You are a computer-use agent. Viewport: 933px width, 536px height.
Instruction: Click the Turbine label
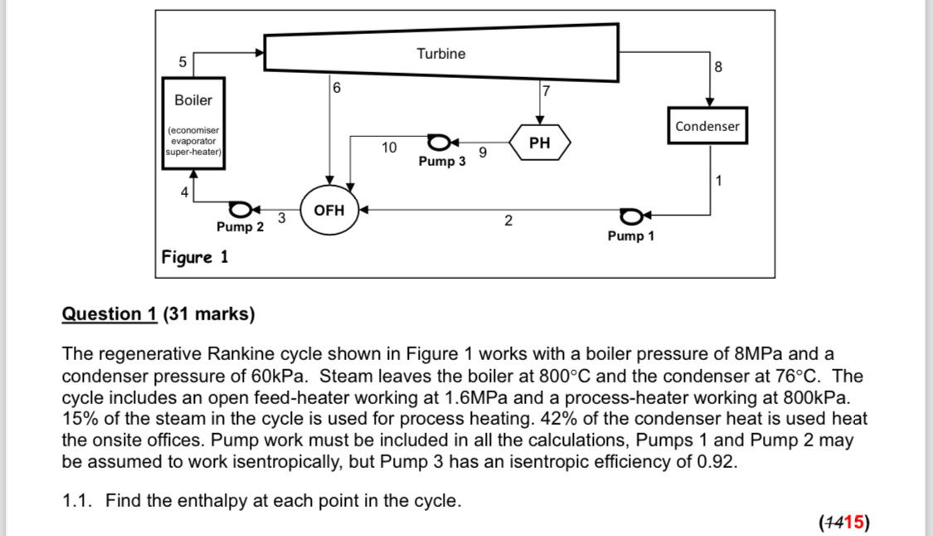pyautogui.click(x=440, y=54)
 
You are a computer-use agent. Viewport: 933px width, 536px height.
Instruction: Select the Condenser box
pyautogui.click(x=707, y=126)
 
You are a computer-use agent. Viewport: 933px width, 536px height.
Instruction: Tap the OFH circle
pyautogui.click(x=329, y=211)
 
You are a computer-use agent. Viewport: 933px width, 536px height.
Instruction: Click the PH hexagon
pyautogui.click(x=539, y=143)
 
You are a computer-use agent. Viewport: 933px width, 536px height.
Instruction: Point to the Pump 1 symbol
pyautogui.click(x=633, y=217)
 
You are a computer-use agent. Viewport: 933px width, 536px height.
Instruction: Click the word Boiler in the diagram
pyautogui.click(x=193, y=100)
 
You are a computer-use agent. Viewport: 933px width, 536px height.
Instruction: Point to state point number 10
pyautogui.click(x=388, y=148)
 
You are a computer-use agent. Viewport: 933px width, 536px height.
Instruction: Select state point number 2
pyautogui.click(x=508, y=221)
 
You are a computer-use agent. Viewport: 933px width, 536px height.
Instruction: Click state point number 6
pyautogui.click(x=336, y=87)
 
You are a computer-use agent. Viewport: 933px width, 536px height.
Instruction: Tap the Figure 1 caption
pyautogui.click(x=195, y=257)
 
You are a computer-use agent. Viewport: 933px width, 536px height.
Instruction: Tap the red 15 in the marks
pyautogui.click(x=852, y=522)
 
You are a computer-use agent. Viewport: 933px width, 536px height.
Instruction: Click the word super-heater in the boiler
pyautogui.click(x=192, y=152)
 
